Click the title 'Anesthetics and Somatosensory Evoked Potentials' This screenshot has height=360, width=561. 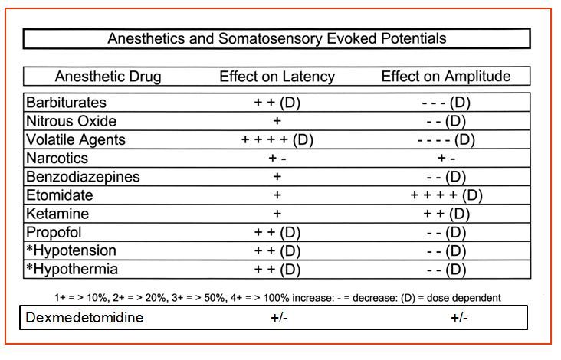pyautogui.click(x=277, y=38)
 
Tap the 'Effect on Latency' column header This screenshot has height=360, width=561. pyautogui.click(x=277, y=77)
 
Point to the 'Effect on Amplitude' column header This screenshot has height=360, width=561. pyautogui.click(x=446, y=77)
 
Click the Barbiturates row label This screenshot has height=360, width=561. pyautogui.click(x=66, y=103)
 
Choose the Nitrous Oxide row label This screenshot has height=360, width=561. pyautogui.click(x=71, y=121)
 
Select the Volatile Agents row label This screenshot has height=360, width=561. pyautogui.click(x=75, y=140)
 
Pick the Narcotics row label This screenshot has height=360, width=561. pyautogui.click(x=57, y=159)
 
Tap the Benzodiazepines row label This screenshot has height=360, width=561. pyautogui.click(x=83, y=177)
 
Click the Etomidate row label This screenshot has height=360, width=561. pyautogui.click(x=60, y=195)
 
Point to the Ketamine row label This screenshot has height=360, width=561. pyautogui.click(x=57, y=214)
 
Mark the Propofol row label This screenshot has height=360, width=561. pyautogui.click(x=54, y=232)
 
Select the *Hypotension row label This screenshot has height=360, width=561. pyautogui.click(x=71, y=250)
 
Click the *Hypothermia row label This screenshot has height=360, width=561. pyautogui.click(x=71, y=270)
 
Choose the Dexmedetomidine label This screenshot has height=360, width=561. pyautogui.click(x=85, y=318)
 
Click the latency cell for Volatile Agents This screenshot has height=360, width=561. pyautogui.click(x=277, y=140)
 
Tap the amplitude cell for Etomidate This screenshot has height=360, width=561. pyautogui.click(x=446, y=195)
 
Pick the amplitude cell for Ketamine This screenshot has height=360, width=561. pyautogui.click(x=446, y=214)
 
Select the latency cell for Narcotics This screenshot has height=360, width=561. pyautogui.click(x=277, y=159)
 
